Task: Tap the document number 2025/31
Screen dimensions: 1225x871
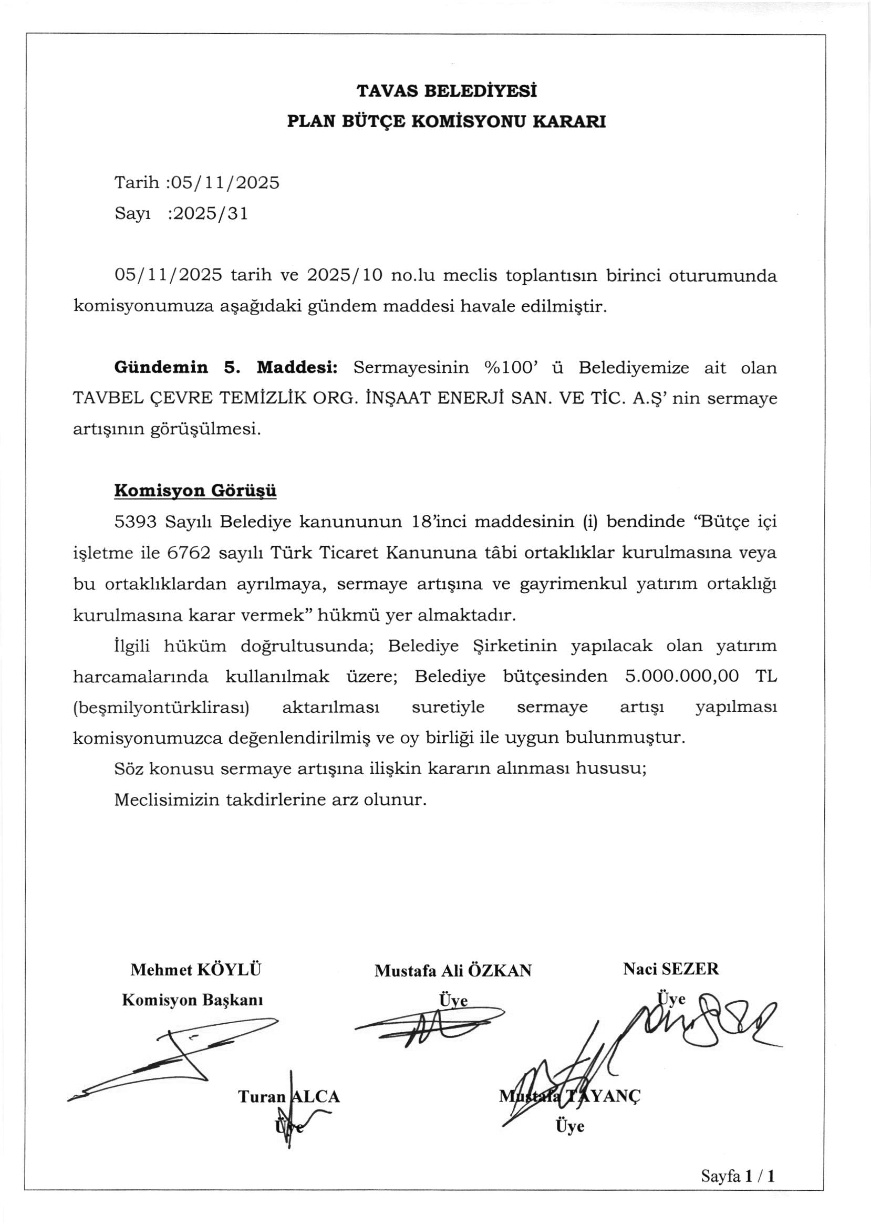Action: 208,214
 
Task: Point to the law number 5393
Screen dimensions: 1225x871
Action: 135,521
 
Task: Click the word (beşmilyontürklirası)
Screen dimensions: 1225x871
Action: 161,707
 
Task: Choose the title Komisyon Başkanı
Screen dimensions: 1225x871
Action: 193,1000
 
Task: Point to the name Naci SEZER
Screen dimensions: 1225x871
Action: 670,969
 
